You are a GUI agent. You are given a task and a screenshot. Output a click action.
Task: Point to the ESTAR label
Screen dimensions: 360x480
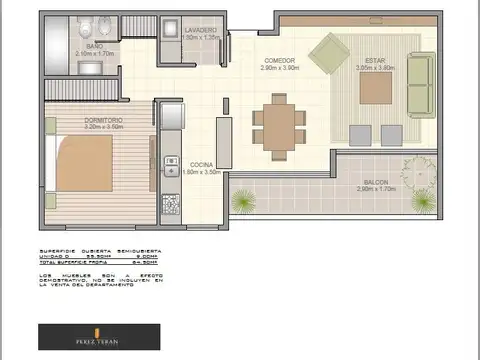375,61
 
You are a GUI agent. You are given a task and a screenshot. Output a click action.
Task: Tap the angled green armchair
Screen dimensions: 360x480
328,53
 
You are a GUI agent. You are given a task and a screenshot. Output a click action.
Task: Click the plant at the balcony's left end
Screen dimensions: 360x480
243,201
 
